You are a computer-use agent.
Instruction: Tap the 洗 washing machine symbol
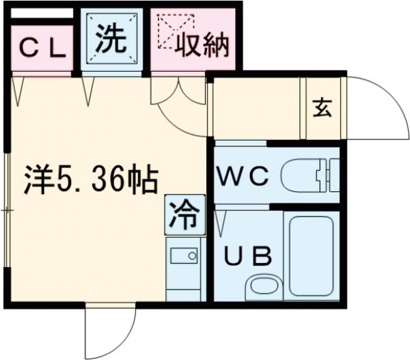(111, 40)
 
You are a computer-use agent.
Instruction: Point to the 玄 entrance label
(322, 109)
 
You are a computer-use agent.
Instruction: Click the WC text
(243, 176)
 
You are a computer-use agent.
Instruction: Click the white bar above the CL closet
(41, 14)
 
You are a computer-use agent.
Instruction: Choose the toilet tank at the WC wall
(333, 176)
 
